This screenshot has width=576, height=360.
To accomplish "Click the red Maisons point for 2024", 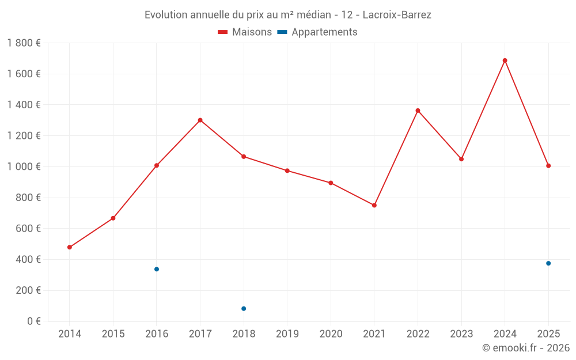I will (505, 60).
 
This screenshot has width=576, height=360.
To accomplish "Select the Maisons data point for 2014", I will (70, 247).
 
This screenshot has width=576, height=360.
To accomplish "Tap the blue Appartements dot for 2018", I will (244, 309).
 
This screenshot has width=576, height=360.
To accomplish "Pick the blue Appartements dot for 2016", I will (157, 269).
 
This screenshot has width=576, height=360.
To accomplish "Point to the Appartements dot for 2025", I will (548, 263).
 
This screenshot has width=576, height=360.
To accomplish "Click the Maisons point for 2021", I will (374, 205).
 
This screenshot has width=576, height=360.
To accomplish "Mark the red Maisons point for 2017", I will (200, 120).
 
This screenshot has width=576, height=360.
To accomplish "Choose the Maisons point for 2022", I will (418, 111).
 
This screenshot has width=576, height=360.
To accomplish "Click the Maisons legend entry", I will (245, 32).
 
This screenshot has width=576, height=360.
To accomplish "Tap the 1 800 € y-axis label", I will (24, 43).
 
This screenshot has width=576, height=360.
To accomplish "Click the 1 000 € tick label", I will (24, 166).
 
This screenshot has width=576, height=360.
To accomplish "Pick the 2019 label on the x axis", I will (287, 334).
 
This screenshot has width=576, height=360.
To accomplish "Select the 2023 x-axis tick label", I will (461, 334).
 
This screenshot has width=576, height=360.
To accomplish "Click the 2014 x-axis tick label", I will (70, 334).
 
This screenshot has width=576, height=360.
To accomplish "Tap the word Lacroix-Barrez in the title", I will (397, 15).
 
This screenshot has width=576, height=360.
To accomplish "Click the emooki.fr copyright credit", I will (526, 348).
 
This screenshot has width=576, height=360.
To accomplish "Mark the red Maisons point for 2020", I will (331, 183).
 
